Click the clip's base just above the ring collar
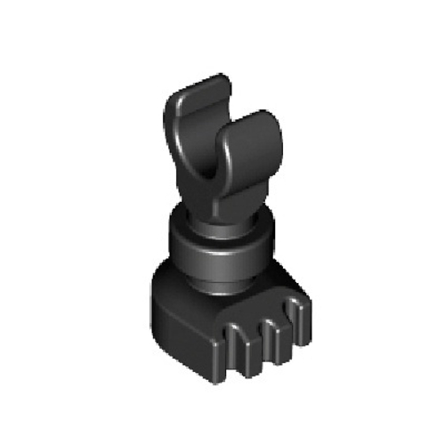click(218, 209)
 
